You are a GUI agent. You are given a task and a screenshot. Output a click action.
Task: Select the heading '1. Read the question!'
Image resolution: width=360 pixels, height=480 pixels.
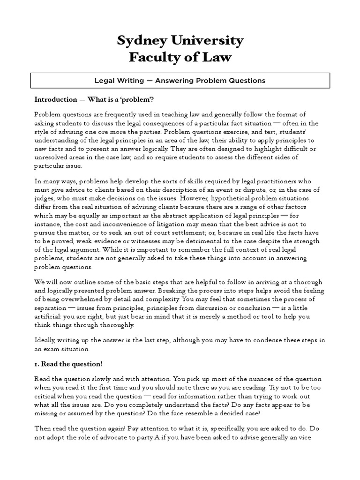tap(68, 364)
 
